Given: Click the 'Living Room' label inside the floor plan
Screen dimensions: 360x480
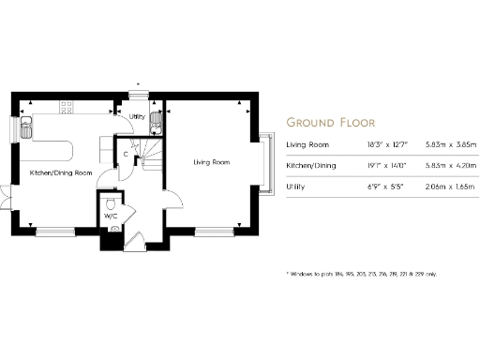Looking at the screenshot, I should [x=212, y=162].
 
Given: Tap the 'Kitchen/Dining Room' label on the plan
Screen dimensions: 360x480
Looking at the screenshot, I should [x=61, y=173].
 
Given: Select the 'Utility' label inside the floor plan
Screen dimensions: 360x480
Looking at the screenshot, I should [x=137, y=117].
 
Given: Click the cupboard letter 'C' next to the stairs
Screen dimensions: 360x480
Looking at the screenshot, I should [x=126, y=154].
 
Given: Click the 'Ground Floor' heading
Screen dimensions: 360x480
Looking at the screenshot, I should [x=330, y=122].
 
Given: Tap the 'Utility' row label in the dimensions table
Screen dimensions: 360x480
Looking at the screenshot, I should [x=295, y=187].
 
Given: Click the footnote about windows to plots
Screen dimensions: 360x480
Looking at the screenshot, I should [x=362, y=274].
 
